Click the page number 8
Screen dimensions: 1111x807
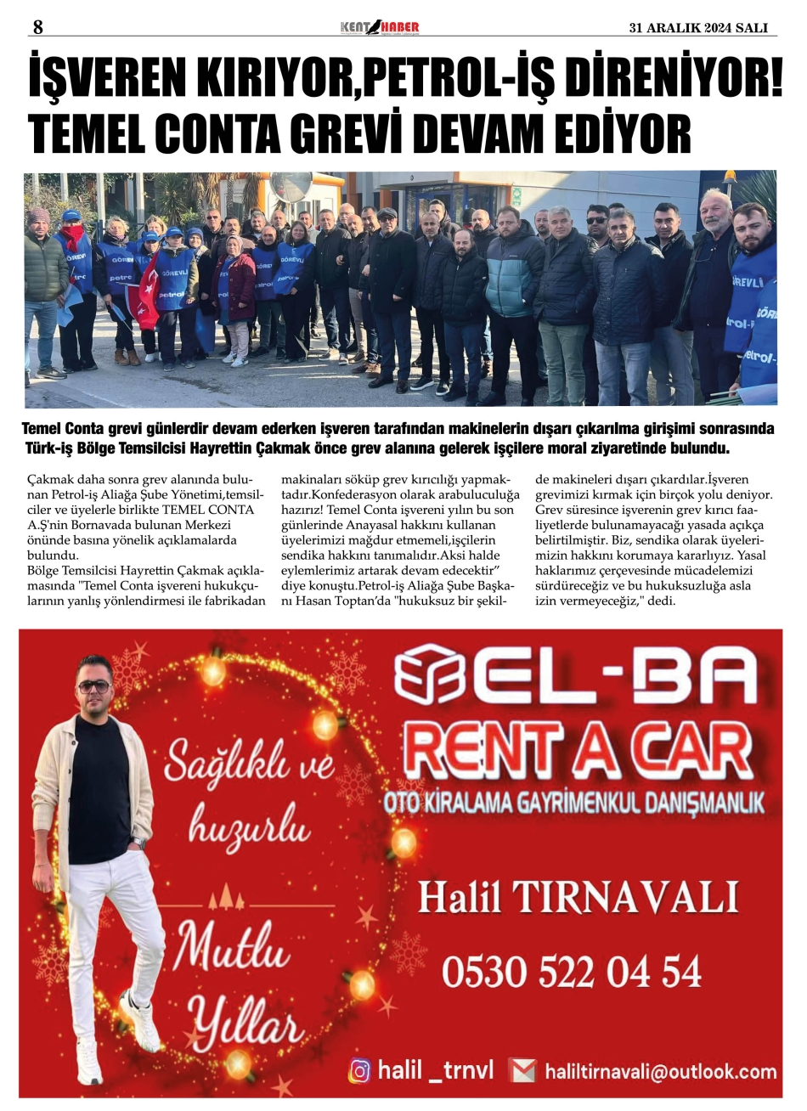[x=37, y=27]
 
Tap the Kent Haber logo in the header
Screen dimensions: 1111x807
[x=380, y=27]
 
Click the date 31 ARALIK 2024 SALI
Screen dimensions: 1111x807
[x=697, y=28]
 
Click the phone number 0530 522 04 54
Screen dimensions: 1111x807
[x=572, y=971]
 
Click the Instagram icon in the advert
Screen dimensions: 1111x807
[x=360, y=1071]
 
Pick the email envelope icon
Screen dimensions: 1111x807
[x=522, y=1071]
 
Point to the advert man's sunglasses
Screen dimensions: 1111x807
[x=94, y=685]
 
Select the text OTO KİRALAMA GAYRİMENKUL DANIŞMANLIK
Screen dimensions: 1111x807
[x=573, y=800]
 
